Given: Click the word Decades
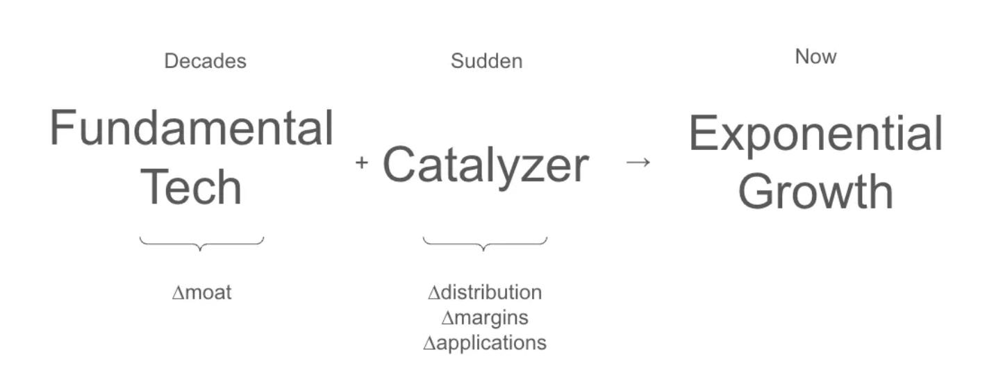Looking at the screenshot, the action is pyautogui.click(x=205, y=61).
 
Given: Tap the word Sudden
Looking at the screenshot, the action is pyautogui.click(x=486, y=61).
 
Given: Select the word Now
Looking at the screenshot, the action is pyautogui.click(x=815, y=56).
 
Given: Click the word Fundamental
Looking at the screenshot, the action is pyautogui.click(x=192, y=128).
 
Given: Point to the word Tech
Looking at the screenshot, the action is pyautogui.click(x=192, y=187).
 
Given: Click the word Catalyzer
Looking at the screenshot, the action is pyautogui.click(x=486, y=165).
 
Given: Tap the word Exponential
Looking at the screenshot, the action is pyautogui.click(x=815, y=134).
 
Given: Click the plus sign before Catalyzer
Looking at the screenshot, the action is pyautogui.click(x=361, y=163).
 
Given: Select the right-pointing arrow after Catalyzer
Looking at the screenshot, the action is pyautogui.click(x=638, y=162).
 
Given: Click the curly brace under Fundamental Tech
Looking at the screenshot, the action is pyautogui.click(x=201, y=243).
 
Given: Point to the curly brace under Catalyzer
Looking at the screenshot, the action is pyautogui.click(x=485, y=243).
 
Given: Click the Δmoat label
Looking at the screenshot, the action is pyautogui.click(x=201, y=292).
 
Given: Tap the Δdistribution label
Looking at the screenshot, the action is pyautogui.click(x=485, y=292).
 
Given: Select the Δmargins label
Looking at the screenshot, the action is pyautogui.click(x=485, y=317).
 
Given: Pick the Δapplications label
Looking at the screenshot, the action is pyautogui.click(x=485, y=342).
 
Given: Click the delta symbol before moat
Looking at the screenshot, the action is pyautogui.click(x=177, y=293).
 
